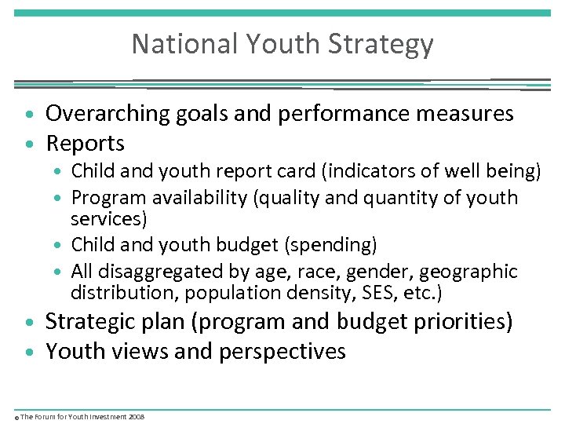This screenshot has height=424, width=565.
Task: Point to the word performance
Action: click(339, 114)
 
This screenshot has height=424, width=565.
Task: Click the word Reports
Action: click(86, 144)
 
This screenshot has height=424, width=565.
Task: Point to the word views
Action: click(142, 351)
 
